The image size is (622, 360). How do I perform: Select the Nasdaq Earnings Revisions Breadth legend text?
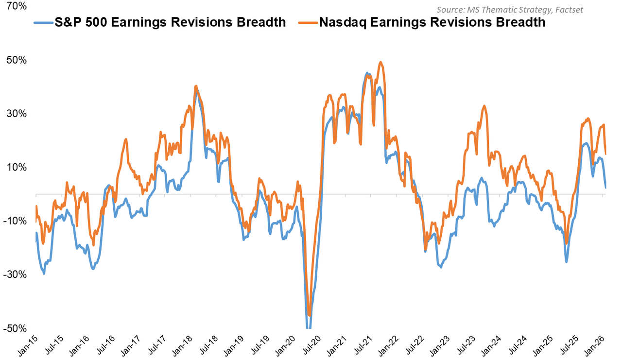432,22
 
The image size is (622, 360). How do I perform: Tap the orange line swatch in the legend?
308,22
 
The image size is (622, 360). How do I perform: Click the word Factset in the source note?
569,9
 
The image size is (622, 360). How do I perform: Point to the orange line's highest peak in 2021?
380,62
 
